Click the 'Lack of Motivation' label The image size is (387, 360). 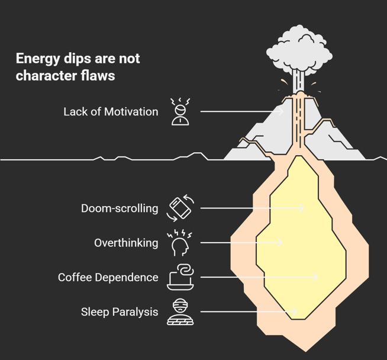tap(111, 111)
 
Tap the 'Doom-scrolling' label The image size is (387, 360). tap(120, 208)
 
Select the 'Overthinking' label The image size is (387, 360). tap(126, 243)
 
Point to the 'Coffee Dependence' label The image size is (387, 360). tap(108, 277)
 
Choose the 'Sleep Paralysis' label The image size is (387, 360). tap(120, 311)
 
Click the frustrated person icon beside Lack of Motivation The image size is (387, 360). tap(180, 111)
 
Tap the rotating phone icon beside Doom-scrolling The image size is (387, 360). tap(180, 208)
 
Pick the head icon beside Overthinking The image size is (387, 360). tap(180, 243)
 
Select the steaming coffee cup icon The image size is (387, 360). tap(180, 277)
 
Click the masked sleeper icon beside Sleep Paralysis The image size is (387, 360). tap(180, 311)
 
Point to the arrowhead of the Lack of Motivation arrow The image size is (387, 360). tap(282, 111)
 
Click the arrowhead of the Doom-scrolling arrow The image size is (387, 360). tap(302, 208)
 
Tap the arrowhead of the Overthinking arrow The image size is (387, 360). tap(280, 243)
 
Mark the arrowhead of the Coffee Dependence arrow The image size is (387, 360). tap(317, 277)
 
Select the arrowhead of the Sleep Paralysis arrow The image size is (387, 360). tap(295, 311)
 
